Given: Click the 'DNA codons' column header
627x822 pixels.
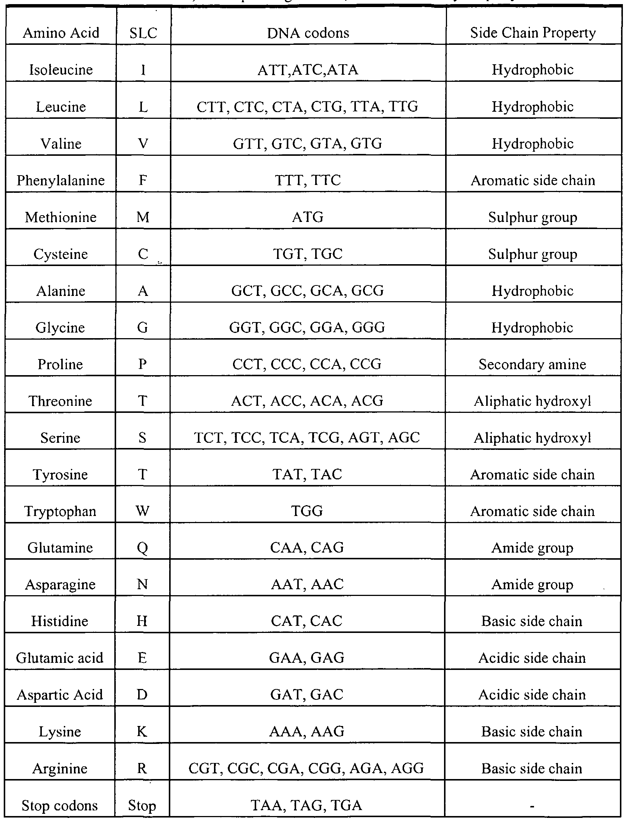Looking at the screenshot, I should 308,33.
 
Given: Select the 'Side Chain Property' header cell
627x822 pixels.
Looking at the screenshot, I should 533,33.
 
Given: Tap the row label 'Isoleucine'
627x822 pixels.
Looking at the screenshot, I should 61,70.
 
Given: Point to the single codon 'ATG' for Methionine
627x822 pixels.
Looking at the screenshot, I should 308,217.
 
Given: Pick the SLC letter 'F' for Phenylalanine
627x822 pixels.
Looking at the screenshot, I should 143,180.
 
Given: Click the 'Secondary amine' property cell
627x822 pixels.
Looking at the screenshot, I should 532,364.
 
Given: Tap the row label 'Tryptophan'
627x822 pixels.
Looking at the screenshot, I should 60,511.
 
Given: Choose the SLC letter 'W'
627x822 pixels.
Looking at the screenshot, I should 143,511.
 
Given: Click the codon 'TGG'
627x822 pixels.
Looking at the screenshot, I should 307,511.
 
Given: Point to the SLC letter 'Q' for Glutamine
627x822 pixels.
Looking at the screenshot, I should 143,548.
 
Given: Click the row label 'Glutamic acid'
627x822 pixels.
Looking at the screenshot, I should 60,658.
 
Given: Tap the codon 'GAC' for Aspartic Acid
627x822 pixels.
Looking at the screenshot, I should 328,695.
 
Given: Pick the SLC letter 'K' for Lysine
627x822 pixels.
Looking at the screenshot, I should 142,732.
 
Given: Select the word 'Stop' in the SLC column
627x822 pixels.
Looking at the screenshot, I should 142,805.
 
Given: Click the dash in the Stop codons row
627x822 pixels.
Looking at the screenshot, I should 532,806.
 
